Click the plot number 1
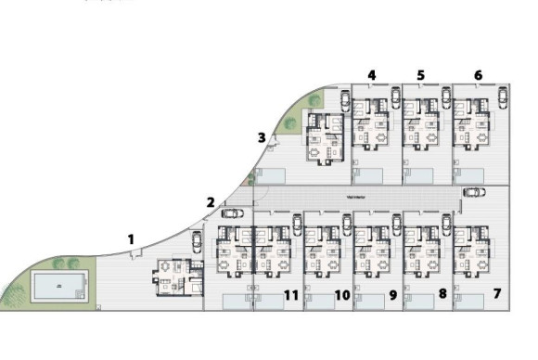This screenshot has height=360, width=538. click(x=131, y=239)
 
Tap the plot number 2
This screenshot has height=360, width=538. click(x=211, y=202)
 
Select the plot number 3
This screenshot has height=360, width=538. click(x=262, y=138)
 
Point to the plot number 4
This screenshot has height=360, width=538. click(x=372, y=75)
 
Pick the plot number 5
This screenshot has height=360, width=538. click(x=421, y=75)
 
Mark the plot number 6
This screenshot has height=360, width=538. click(x=478, y=75)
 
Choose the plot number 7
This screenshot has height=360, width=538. click(x=497, y=294)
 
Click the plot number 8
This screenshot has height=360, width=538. click(x=442, y=294)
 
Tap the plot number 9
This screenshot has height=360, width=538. click(x=393, y=295)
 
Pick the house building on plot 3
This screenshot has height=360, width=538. click(x=324, y=137)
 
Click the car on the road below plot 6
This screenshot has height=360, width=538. click(x=473, y=192)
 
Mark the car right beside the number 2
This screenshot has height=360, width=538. click(x=232, y=213)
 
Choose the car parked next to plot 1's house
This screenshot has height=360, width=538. click(x=197, y=241)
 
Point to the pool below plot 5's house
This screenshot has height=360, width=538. click(x=419, y=174)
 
